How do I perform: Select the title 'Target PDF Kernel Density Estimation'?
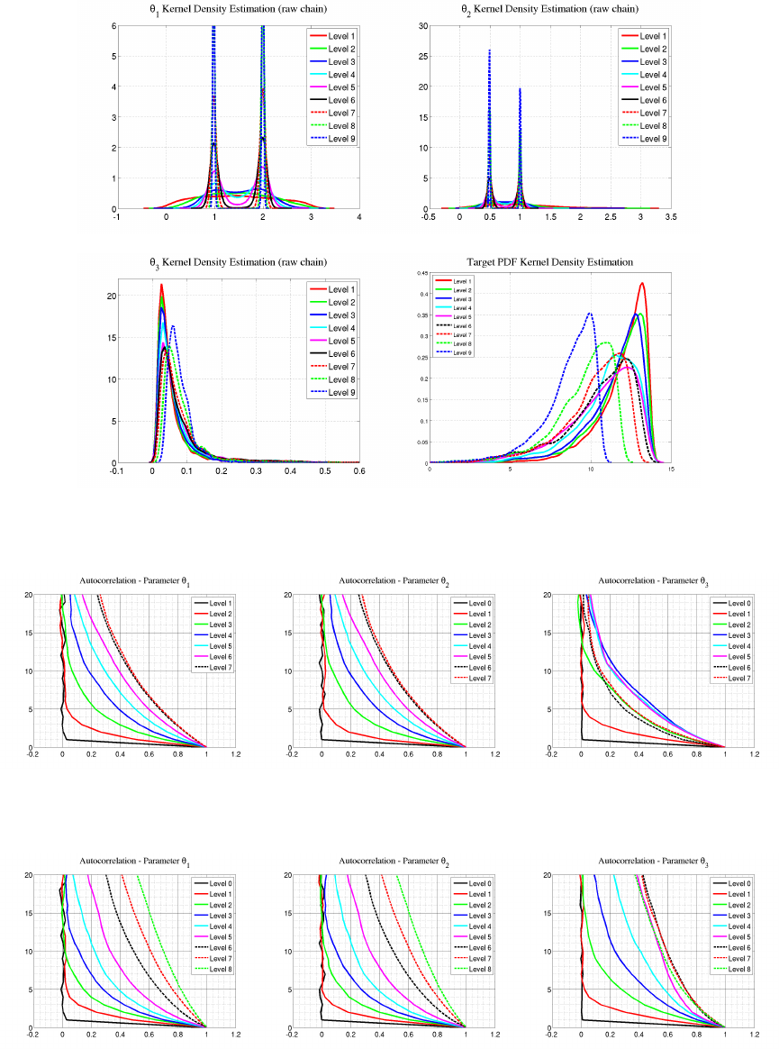pos(550,262)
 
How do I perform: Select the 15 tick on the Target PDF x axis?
pos(671,470)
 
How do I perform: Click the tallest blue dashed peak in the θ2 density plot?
pos(489,51)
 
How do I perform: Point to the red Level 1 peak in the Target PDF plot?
pos(642,284)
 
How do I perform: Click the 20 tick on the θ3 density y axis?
pos(138,296)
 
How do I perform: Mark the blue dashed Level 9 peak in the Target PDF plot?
pos(590,314)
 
